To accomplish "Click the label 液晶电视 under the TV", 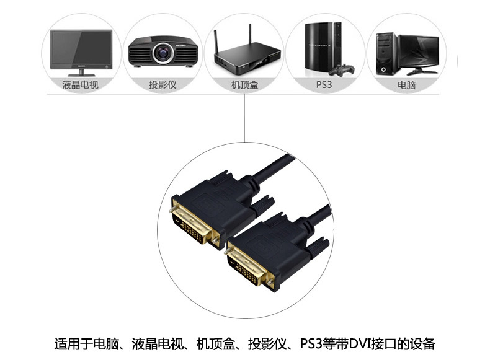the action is [80, 85].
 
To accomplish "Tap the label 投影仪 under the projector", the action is [163, 85].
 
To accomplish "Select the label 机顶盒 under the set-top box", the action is [244, 85].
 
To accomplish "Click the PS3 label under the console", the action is [324, 85].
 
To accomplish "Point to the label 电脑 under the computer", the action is [406, 85].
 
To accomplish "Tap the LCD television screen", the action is [81, 48].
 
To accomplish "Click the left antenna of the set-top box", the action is [216, 43].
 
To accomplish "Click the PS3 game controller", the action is [342, 70].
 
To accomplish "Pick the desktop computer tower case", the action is [386, 54].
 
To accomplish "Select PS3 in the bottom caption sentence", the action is [311, 344].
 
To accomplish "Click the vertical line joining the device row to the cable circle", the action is [244, 118].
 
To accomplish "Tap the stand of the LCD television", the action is [81, 72].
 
